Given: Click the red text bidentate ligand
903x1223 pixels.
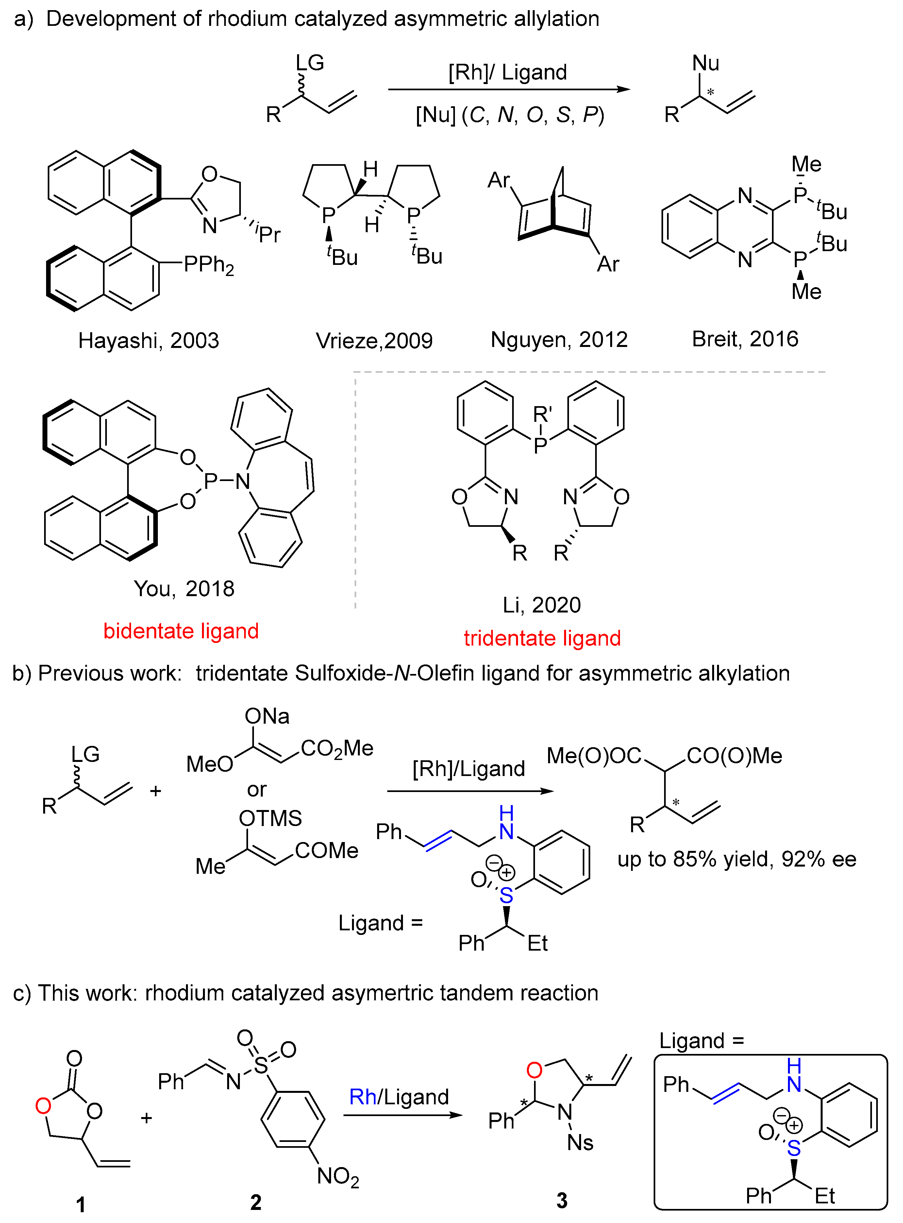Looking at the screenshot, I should pyautogui.click(x=181, y=631).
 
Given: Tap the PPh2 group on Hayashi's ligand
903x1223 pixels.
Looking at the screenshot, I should pyautogui.click(x=209, y=265).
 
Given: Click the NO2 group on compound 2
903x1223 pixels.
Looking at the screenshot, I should pyautogui.click(x=338, y=1177).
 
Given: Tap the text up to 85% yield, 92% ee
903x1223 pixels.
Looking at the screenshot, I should pyautogui.click(x=736, y=859).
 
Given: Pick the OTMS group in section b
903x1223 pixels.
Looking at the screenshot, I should pyautogui.click(x=270, y=818).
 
